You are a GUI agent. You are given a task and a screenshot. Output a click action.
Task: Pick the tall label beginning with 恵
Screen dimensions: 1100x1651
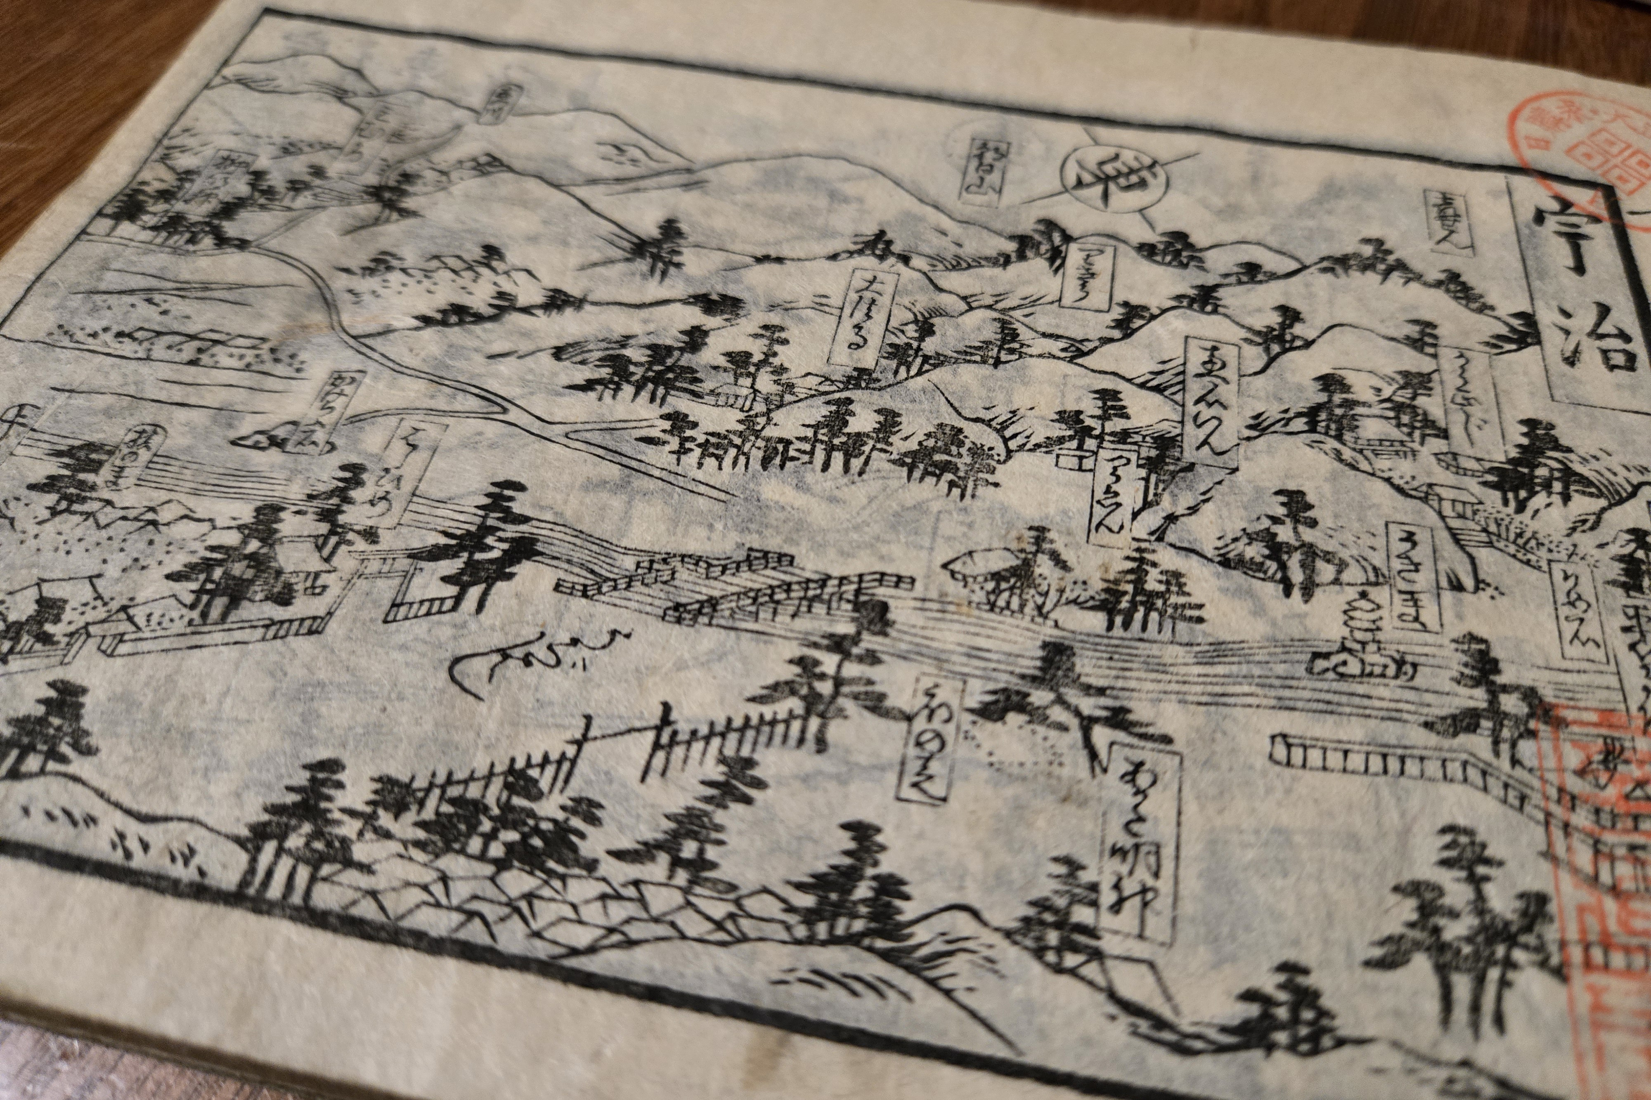(x=1212, y=400)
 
